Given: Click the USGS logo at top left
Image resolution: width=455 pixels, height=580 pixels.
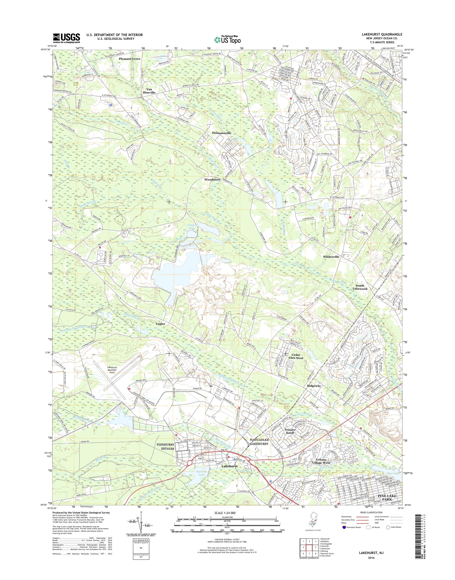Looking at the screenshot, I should pos(66,38).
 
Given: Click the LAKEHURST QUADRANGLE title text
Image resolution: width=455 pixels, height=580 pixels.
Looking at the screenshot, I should pos(384,34).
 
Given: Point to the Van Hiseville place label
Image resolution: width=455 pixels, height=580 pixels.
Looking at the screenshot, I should pos(150,90).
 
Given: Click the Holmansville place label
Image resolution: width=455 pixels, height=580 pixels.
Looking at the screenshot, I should pos(222,133).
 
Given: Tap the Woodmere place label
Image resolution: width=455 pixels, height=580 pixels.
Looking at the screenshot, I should pos(212,179).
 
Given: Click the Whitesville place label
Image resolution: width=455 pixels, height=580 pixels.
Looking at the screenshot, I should pos(331,256).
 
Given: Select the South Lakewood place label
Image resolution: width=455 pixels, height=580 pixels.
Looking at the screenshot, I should pos(360,287).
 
